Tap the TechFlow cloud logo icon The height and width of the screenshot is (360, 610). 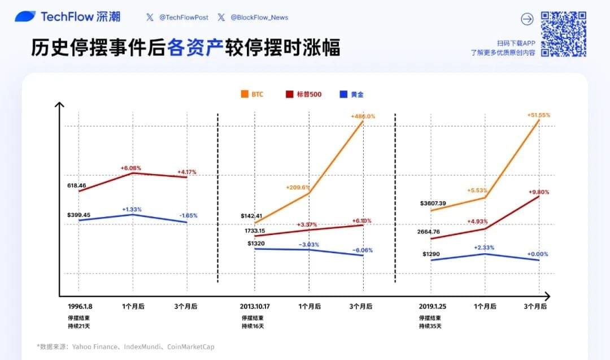point(25,17)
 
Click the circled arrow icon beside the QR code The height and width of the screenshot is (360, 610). point(527,19)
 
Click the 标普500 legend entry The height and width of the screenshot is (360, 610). point(303,94)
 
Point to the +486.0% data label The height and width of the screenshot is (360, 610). point(363,116)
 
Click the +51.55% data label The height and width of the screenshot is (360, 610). point(538,115)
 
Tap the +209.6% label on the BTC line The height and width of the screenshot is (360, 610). point(298,188)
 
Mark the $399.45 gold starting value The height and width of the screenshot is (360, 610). point(79,215)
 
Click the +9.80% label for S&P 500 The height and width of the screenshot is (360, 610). point(538,192)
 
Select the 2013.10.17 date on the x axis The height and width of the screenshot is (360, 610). point(256,306)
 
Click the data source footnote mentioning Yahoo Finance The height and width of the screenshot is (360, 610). point(126,346)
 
